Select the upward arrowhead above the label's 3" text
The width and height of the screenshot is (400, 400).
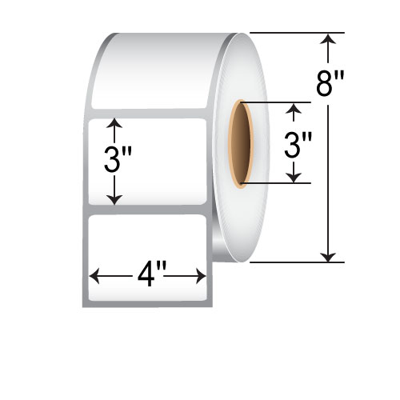(116, 124)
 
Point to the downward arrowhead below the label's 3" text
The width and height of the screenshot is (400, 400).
(116, 200)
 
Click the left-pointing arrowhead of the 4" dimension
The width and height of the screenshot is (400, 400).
(94, 277)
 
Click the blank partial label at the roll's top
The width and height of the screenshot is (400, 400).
(152, 72)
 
